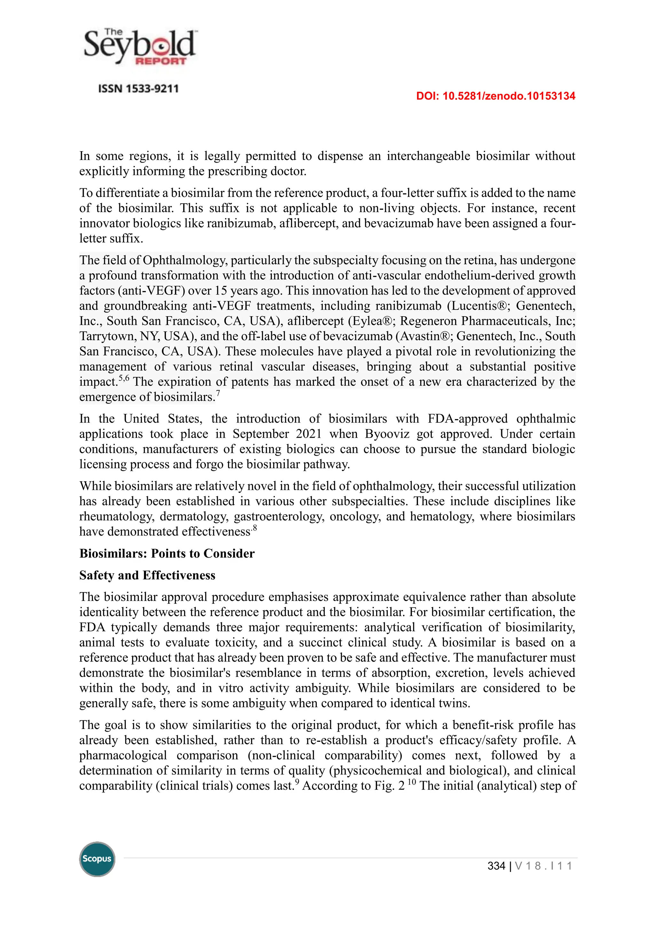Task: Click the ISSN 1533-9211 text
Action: (138, 89)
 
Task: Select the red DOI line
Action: (495, 96)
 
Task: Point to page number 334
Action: (496, 866)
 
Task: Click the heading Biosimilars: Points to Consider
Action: (167, 553)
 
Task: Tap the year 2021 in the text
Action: (309, 434)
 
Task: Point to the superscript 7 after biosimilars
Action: (218, 393)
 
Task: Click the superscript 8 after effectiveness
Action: (255, 528)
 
